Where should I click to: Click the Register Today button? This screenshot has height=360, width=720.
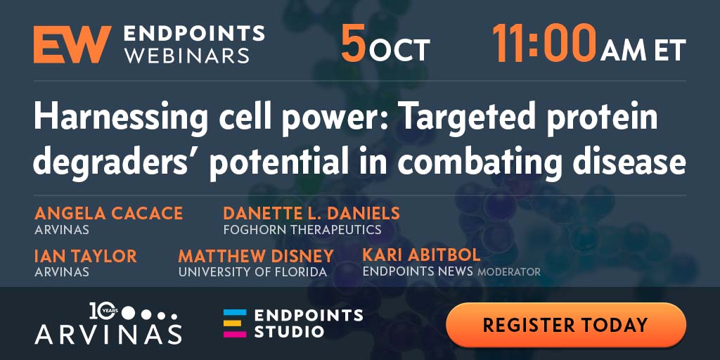tap(566, 325)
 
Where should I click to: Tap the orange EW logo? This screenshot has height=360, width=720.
tap(72, 44)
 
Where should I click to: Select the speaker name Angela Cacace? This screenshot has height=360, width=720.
tap(108, 214)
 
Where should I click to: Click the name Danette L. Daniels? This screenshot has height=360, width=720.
tap(311, 214)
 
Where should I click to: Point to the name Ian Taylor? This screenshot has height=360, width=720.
tap(85, 256)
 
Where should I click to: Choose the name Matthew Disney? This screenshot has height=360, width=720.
tap(256, 256)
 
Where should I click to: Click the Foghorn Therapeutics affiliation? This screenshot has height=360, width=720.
tap(302, 229)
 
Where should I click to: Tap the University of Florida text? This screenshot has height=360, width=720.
tap(252, 272)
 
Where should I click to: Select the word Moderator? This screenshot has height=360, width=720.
tap(509, 272)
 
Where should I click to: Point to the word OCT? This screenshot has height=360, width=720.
tap(399, 50)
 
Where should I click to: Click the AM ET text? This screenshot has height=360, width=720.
tap(643, 50)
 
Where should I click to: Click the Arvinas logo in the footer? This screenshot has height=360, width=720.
tap(108, 323)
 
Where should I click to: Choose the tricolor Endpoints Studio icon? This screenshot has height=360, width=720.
tap(235, 323)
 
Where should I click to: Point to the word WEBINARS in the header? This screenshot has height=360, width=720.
tap(186, 56)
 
